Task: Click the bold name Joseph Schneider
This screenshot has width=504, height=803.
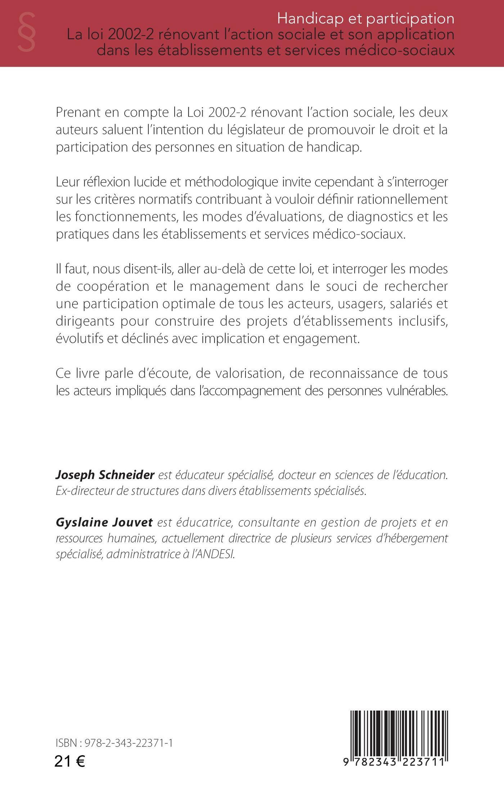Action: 105,475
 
